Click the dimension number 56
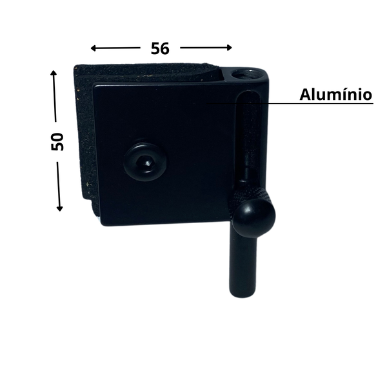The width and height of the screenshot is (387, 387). click(160, 48)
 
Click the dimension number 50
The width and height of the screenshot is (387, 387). click(57, 142)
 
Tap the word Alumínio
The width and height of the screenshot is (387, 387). click(335, 95)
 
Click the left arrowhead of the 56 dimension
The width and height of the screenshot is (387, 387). click(94, 48)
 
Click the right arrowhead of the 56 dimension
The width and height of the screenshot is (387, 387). click(229, 48)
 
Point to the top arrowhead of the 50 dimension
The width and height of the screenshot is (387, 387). click(54, 73)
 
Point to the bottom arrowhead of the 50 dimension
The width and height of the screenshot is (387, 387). click(59, 208)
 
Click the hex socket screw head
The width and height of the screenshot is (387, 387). click(145, 162)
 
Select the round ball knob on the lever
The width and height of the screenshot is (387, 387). click(254, 217)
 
